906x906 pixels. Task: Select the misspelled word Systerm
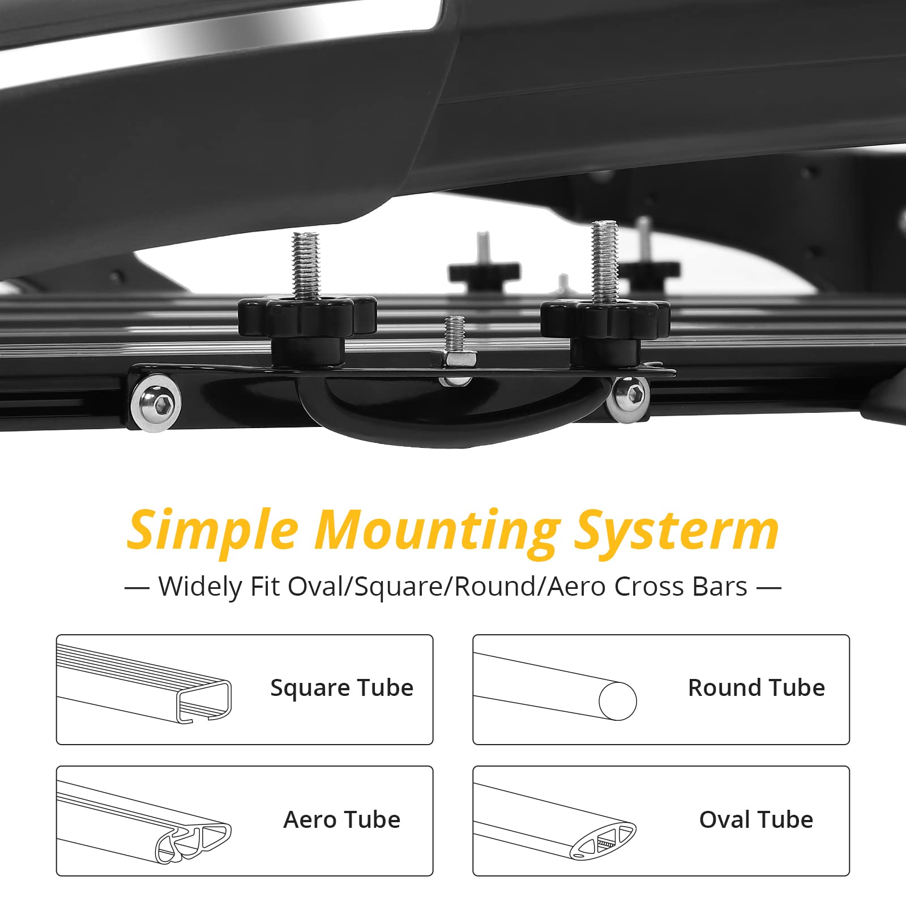(677, 531)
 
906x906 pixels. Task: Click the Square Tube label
(342, 688)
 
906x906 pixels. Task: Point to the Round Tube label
(757, 688)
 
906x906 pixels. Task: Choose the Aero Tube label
(342, 820)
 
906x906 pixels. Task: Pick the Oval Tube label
(757, 820)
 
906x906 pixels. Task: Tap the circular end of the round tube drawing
(618, 701)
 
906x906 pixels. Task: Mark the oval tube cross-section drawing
(602, 839)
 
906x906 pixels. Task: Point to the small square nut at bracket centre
(454, 359)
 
